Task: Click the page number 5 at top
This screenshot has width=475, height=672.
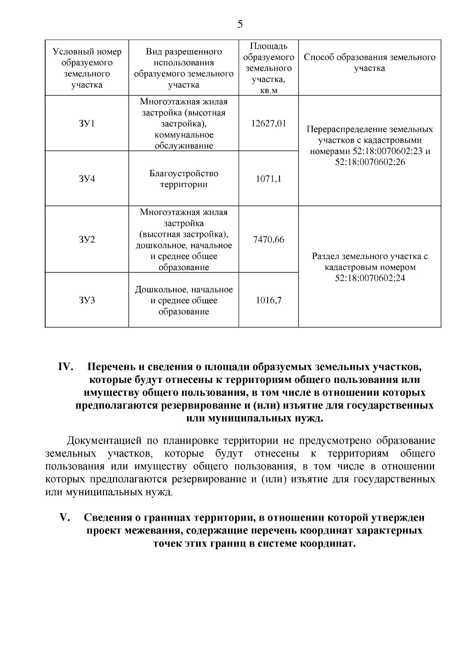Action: [240, 25]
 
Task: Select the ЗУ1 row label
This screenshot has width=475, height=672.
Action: [87, 124]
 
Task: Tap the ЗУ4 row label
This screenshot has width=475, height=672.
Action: [87, 179]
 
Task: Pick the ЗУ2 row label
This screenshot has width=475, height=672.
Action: [87, 240]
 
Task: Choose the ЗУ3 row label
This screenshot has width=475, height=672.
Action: [87, 300]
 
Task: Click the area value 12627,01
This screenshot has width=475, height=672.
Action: [268, 124]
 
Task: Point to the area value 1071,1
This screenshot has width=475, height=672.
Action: [268, 179]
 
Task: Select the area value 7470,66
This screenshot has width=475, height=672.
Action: [268, 240]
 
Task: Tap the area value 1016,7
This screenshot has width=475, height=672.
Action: [268, 300]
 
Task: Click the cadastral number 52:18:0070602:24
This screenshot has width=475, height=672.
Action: [370, 278]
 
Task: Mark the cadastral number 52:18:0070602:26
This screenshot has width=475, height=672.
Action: [370, 162]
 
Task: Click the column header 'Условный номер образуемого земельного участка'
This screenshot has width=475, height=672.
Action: [87, 68]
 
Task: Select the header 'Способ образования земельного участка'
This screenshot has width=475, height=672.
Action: [370, 63]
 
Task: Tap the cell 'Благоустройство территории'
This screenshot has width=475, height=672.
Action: [184, 179]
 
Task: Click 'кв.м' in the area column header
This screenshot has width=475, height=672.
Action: [268, 91]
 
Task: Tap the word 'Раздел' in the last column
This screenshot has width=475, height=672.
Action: [325, 256]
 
